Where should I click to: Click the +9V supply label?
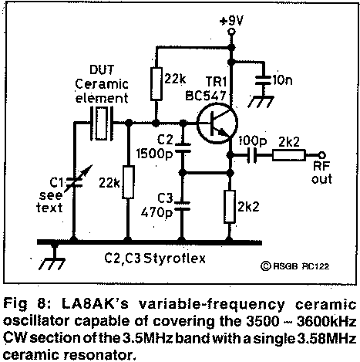pos(231,21)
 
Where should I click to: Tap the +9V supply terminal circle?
pos(231,32)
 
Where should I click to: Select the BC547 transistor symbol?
pos(217,123)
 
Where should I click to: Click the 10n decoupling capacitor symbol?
pos(264,80)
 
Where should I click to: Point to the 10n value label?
pos(282,80)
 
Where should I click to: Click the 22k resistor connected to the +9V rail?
pos(156,84)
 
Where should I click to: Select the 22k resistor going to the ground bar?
pos(128,182)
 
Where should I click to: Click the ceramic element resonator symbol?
pos(102,123)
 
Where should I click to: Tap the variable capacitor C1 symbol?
pos(75,182)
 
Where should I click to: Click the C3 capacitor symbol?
pos(182,206)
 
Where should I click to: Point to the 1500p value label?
pos(154,154)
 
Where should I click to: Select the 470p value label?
pos(156,212)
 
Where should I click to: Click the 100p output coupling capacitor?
pos(252,155)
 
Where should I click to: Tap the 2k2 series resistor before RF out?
pos(289,155)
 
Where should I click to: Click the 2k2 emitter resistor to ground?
pos(230,207)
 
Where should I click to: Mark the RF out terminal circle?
pos(321,155)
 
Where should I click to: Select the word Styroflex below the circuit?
pos(174,259)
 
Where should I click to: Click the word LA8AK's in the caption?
pos(95,304)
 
